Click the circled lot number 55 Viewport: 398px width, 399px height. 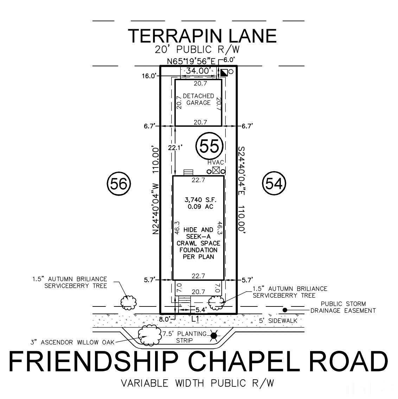click(x=210, y=146)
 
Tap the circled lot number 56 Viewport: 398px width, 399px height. click(x=118, y=184)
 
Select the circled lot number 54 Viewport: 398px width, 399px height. click(x=274, y=184)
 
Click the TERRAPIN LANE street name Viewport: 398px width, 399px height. click(x=202, y=36)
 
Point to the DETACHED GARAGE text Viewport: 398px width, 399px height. click(x=198, y=99)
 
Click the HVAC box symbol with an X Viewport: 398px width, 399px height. click(x=216, y=171)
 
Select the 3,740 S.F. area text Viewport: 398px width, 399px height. click(x=198, y=200)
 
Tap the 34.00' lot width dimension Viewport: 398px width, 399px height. click(x=198, y=71)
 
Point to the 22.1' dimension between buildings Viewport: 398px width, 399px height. click(x=175, y=148)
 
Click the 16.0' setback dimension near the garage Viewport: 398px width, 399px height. click(x=149, y=76)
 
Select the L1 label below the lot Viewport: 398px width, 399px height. click(x=195, y=319)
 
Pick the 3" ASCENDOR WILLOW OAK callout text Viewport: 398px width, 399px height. click(x=72, y=342)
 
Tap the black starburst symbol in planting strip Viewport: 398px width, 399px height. click(x=213, y=336)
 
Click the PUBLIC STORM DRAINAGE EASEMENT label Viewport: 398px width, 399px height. click(x=342, y=307)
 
